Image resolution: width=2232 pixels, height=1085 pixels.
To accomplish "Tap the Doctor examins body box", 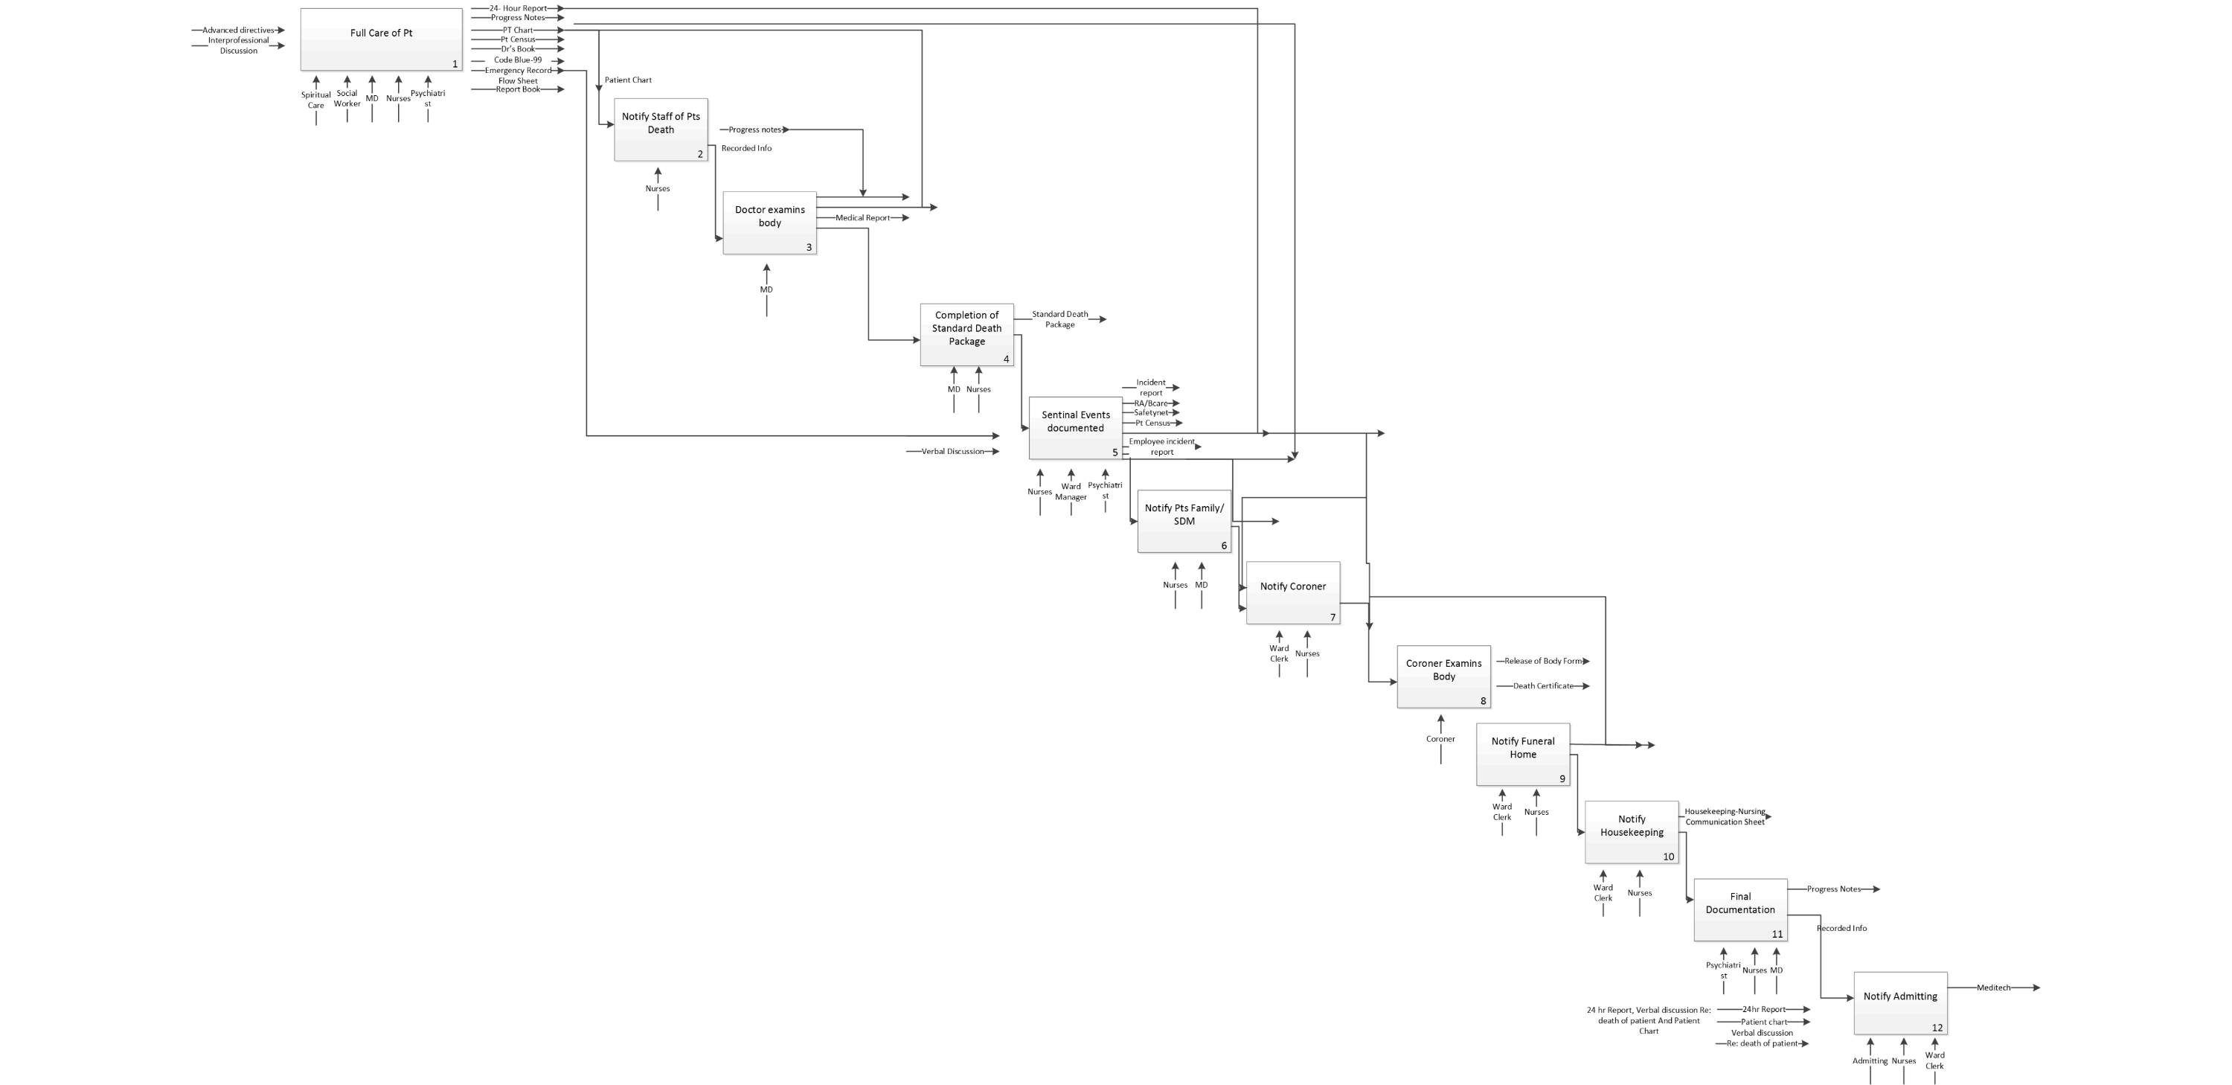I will (x=769, y=223).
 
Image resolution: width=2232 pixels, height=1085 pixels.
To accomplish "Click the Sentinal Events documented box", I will (x=1075, y=427).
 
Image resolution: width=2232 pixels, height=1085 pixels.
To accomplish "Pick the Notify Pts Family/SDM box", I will (x=1184, y=520).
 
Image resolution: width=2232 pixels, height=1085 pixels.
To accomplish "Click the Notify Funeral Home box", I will (x=1522, y=754).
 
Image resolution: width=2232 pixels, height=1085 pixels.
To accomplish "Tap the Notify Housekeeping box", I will (x=1632, y=831).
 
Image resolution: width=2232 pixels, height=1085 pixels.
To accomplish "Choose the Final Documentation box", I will (x=1740, y=909).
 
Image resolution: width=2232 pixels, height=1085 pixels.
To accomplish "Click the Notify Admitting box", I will (x=1900, y=1002).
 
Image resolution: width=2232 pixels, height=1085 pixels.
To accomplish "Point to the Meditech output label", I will (x=1993, y=987).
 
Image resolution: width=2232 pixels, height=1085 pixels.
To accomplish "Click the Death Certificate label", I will (x=1542, y=685).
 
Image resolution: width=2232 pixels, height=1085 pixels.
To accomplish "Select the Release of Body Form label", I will (x=1542, y=660).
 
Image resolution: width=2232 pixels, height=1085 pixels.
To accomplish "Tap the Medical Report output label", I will (x=862, y=217).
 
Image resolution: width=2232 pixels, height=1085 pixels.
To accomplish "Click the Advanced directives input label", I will (x=238, y=31).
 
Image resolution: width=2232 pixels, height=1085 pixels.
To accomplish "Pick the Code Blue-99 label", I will (x=517, y=60).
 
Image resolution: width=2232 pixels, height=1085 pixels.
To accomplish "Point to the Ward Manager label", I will (x=1071, y=491).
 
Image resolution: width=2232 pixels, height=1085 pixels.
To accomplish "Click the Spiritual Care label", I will (x=315, y=100).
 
